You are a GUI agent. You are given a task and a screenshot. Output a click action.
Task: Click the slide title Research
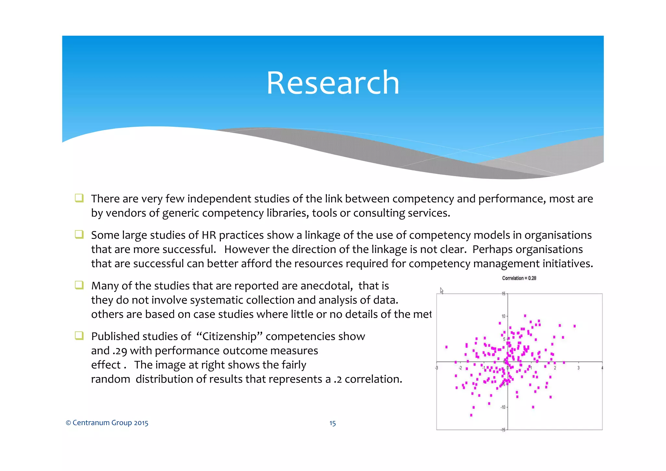[x=333, y=83]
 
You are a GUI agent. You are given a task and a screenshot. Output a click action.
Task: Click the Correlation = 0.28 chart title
[x=519, y=278]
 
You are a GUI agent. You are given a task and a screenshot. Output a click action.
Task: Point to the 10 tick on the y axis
[x=503, y=316]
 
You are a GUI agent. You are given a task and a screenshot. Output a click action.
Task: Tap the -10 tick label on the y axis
[x=503, y=407]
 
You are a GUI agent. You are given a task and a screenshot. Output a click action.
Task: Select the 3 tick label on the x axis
[x=578, y=368]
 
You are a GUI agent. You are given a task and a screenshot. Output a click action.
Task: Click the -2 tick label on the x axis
[x=460, y=368]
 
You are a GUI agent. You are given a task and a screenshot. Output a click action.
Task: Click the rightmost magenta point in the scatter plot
[x=575, y=326]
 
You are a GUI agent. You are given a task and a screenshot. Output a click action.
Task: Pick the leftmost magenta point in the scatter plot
[x=446, y=347]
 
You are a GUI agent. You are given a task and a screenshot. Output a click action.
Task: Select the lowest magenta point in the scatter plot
[x=471, y=415]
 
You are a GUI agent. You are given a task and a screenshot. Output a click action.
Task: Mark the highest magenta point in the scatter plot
[x=525, y=316]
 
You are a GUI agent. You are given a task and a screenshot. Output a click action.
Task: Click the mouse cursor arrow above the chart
[x=442, y=291]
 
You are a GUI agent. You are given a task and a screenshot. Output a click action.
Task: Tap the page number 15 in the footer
[x=332, y=423]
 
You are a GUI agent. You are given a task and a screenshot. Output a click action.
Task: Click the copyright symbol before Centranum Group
[x=68, y=423]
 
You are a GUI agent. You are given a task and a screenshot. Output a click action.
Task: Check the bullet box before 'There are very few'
[x=79, y=198]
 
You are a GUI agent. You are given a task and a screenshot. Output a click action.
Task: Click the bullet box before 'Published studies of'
[x=79, y=335]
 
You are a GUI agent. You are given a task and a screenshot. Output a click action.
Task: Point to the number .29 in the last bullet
[x=120, y=351]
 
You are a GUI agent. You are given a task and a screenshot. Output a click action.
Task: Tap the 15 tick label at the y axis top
[x=503, y=294]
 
